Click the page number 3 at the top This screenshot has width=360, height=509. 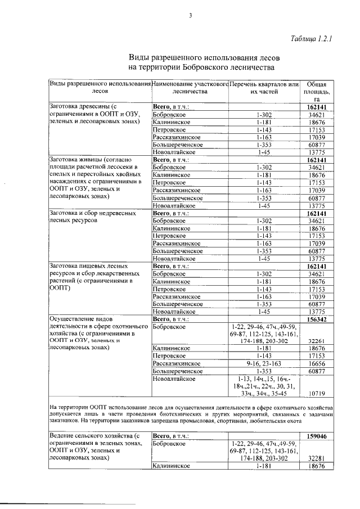191,16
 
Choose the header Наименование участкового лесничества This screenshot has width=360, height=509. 190,87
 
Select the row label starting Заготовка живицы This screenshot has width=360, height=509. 95,178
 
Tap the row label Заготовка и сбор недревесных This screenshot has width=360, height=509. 92,217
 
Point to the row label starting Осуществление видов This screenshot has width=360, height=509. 93,334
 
